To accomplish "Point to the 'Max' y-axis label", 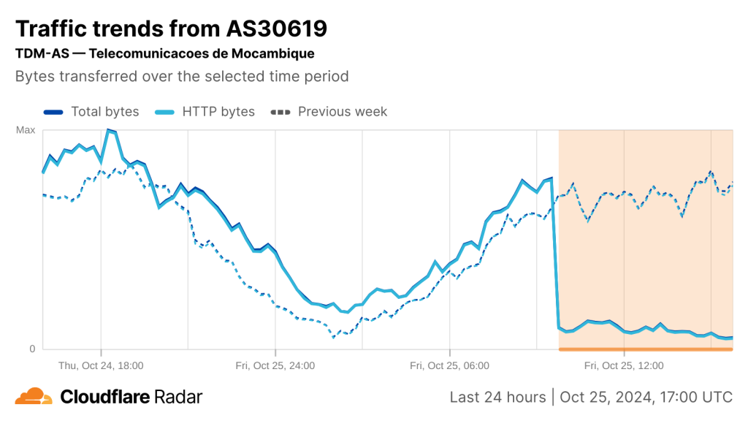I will click(x=26, y=130).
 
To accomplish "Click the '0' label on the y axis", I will click(x=32, y=349).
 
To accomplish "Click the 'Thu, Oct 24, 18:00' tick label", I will click(x=101, y=365).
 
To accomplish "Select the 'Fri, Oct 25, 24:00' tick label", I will click(x=275, y=365).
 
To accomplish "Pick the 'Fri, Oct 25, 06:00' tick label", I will click(x=449, y=365).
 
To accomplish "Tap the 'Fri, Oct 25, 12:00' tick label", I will click(x=624, y=365).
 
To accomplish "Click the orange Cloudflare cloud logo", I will click(x=34, y=397).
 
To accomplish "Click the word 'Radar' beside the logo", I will click(x=178, y=397).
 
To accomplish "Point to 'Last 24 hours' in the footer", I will click(x=497, y=397).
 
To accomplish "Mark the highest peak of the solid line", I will click(x=108, y=130).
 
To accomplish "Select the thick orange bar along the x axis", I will click(x=646, y=349).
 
